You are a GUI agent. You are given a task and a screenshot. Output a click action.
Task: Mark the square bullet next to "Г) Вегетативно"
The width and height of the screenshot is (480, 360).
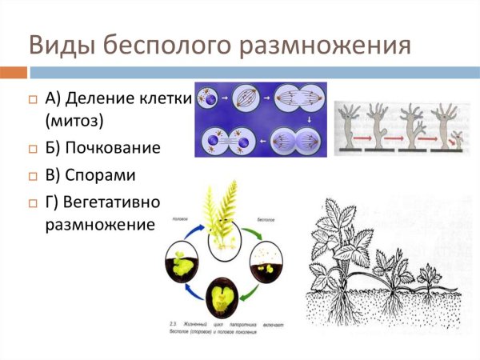33,202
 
